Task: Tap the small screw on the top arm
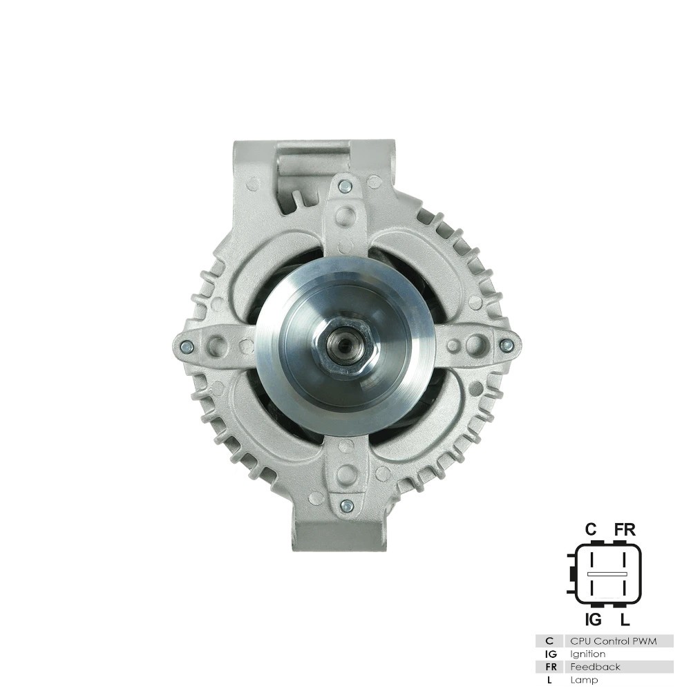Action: [345, 186]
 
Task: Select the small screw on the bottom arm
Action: [347, 506]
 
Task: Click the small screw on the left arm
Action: [187, 347]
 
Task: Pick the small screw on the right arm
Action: [507, 345]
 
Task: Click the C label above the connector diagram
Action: [591, 529]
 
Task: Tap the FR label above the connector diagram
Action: [625, 529]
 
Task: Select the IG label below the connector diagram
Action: [592, 620]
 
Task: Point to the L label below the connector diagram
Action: [625, 620]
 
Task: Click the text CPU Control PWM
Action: [612, 641]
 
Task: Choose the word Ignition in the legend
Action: [587, 654]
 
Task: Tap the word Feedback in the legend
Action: [595, 667]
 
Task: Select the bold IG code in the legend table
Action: [550, 654]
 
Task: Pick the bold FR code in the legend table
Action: [550, 667]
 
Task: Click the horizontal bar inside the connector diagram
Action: [607, 574]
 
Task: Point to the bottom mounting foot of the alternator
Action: [339, 535]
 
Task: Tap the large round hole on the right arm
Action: [475, 345]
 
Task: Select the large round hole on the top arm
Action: [345, 216]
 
